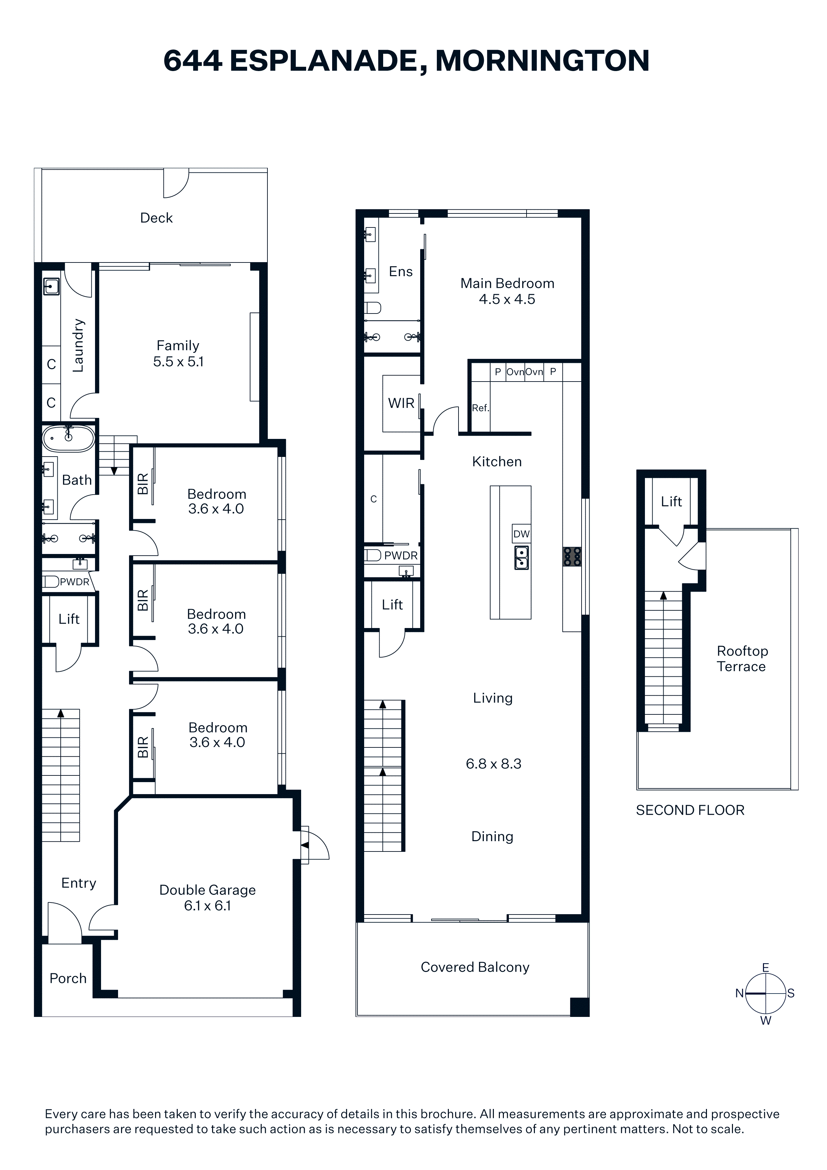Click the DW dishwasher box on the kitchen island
coord(521,534)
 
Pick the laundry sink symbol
coord(51,286)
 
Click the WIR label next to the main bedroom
coord(401,403)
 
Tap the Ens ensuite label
coord(400,271)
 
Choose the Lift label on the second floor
coord(671,501)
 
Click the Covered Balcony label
coord(475,967)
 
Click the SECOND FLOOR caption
coord(690,810)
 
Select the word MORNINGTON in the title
coord(542,61)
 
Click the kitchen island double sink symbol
coord(521,557)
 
